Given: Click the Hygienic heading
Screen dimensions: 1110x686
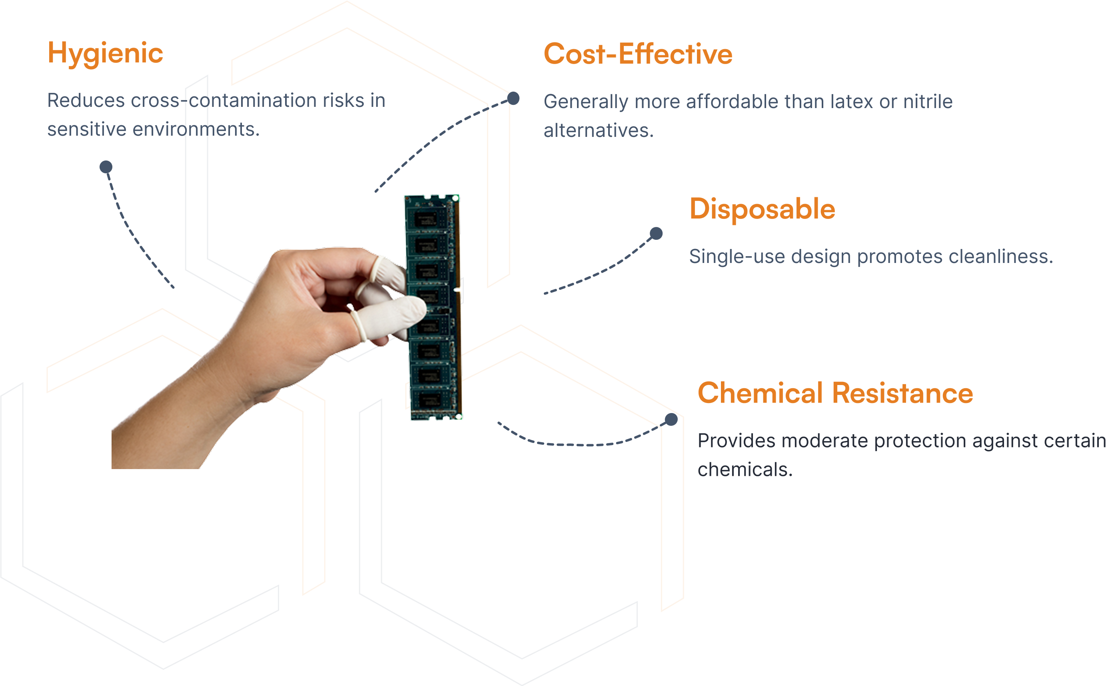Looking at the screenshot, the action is pyautogui.click(x=105, y=54).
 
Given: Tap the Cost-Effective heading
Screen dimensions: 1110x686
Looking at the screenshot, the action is pyautogui.click(x=638, y=54).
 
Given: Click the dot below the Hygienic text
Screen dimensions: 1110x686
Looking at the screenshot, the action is pyautogui.click(x=106, y=167).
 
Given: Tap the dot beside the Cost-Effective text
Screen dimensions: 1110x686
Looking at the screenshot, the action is pyautogui.click(x=513, y=98).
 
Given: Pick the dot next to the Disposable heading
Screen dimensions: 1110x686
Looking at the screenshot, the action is pyautogui.click(x=656, y=234).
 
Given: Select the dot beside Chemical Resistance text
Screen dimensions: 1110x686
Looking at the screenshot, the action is pyautogui.click(x=671, y=420).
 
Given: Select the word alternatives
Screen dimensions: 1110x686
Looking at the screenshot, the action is pyautogui.click(x=599, y=130).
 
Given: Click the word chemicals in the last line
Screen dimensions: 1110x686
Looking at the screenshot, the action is pyautogui.click(x=745, y=470).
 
